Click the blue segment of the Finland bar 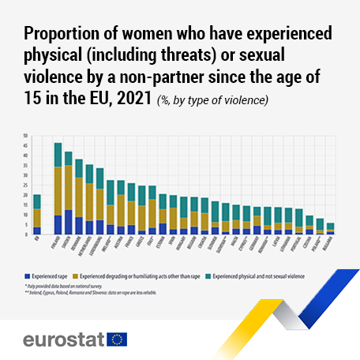[58, 224]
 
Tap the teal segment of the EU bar [36, 201]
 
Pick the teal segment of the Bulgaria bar [330, 226]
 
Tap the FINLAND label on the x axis [58, 246]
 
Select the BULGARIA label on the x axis [330, 246]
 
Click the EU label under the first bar [36, 240]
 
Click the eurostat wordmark [66, 339]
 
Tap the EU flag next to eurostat [118, 339]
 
